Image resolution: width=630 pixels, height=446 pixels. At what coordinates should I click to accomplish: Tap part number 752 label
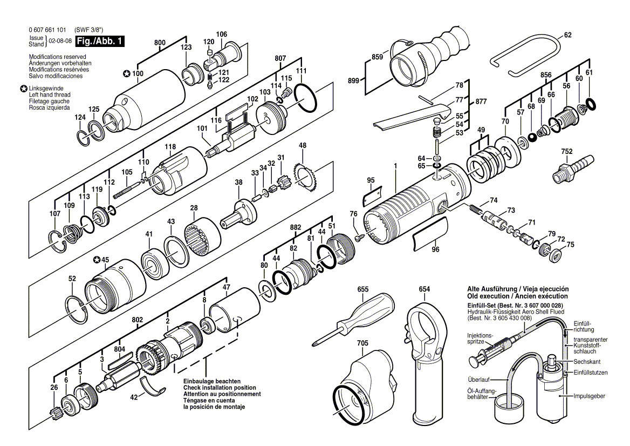[566, 152]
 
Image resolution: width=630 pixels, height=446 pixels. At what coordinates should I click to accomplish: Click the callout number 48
[303, 145]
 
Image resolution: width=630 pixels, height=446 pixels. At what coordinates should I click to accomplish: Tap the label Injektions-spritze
[480, 339]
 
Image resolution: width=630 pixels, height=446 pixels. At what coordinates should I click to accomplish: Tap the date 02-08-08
[60, 41]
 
